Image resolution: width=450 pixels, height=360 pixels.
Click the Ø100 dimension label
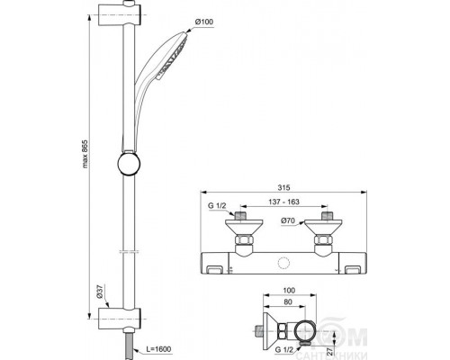[204, 22]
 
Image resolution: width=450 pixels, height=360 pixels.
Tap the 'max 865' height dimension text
[85, 153]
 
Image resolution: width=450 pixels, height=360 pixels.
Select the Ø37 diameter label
[100, 292]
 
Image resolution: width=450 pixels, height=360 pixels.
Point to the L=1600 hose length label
[158, 349]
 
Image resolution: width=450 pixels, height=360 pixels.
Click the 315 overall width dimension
[283, 187]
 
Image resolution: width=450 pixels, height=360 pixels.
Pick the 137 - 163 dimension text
[283, 202]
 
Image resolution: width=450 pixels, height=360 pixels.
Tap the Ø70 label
[288, 221]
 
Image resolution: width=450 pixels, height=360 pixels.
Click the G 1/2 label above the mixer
[217, 206]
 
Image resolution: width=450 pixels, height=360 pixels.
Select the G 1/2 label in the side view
[284, 349]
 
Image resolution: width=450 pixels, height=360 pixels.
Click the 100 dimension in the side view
[289, 291]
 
